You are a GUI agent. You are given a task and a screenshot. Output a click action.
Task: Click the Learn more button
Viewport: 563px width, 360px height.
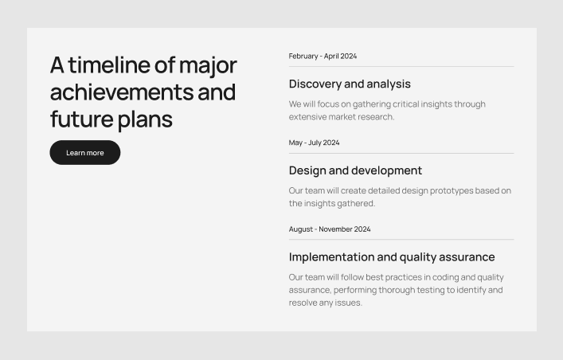point(84,153)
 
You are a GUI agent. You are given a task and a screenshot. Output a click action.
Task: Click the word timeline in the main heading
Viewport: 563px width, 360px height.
point(109,65)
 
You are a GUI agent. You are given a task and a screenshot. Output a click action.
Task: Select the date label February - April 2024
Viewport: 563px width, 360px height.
point(323,57)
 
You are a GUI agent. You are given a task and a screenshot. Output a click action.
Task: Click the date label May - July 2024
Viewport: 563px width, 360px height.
point(314,143)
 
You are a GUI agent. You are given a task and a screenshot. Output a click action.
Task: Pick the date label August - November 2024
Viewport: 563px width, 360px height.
point(330,229)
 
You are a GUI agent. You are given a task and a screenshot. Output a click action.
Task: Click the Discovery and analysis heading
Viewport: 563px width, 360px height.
point(350,84)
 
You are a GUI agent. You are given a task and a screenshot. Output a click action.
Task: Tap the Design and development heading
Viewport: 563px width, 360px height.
point(355,170)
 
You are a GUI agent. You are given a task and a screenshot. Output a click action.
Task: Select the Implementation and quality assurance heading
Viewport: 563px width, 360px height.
point(392,256)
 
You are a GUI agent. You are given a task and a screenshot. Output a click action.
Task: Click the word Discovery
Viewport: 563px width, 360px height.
point(315,84)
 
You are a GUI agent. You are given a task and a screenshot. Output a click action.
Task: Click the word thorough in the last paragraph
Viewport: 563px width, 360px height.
point(404,290)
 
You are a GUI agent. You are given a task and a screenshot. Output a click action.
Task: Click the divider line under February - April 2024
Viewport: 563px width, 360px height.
point(401,66)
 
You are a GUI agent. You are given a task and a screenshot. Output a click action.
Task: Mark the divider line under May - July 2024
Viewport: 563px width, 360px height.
point(401,153)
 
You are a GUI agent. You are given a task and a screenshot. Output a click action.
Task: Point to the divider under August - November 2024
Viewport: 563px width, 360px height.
point(401,239)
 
